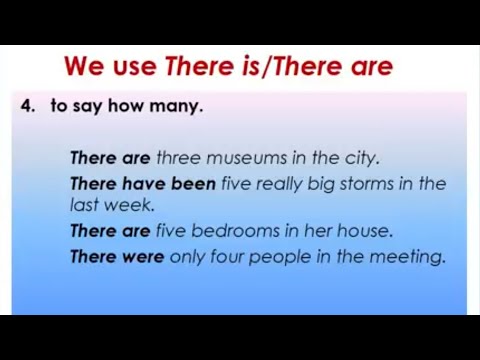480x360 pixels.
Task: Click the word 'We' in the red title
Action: [83, 67]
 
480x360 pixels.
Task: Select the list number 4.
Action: [27, 106]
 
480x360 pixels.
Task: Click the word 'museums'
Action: [246, 158]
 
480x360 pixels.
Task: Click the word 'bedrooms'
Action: [237, 231]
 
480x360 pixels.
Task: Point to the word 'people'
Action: [282, 257]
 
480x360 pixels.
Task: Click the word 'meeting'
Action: [405, 257]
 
